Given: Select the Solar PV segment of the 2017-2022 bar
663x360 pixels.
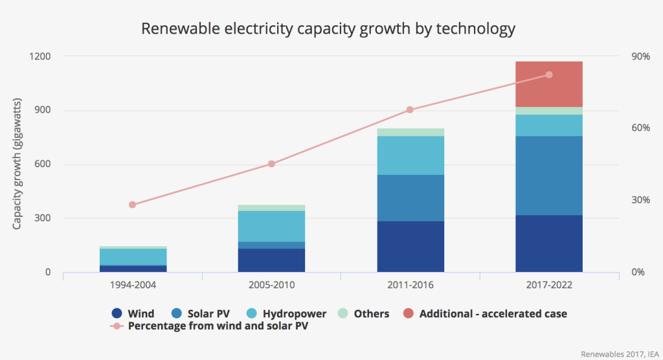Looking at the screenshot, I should coord(549,175).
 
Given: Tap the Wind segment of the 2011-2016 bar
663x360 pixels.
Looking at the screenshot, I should coord(410,246).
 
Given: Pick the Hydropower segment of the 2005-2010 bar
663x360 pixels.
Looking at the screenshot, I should coord(272,226).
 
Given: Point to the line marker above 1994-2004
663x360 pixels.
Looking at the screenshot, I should coord(133,205).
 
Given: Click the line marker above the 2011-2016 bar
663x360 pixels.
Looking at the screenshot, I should coord(410,110).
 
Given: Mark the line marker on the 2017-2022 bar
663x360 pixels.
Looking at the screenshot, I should coord(549,75).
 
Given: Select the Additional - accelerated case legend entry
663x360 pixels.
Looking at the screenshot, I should coord(485,313).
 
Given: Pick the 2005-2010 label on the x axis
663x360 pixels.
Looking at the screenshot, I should coord(272,284).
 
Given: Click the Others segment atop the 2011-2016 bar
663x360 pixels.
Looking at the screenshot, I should coord(410,132).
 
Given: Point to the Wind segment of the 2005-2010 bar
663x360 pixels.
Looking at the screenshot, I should coord(272,260).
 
